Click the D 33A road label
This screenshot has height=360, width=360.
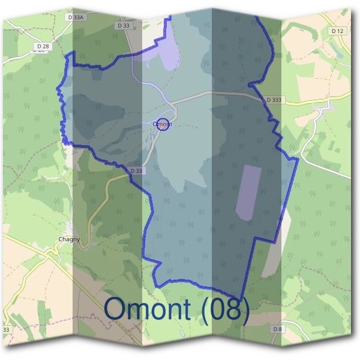click(76, 18)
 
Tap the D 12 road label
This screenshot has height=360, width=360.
click(337, 31)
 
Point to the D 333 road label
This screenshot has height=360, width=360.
click(273, 100)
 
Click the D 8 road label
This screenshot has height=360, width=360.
click(277, 329)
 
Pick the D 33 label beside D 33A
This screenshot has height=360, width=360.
click(124, 26)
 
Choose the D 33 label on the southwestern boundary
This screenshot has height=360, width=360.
click(137, 171)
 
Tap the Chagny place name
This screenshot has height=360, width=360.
click(69, 239)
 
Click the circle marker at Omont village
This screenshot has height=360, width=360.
click(163, 124)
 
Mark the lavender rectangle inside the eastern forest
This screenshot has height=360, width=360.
click(248, 193)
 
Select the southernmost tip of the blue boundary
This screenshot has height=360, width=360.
click(240, 299)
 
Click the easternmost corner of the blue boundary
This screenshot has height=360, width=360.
click(298, 160)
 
